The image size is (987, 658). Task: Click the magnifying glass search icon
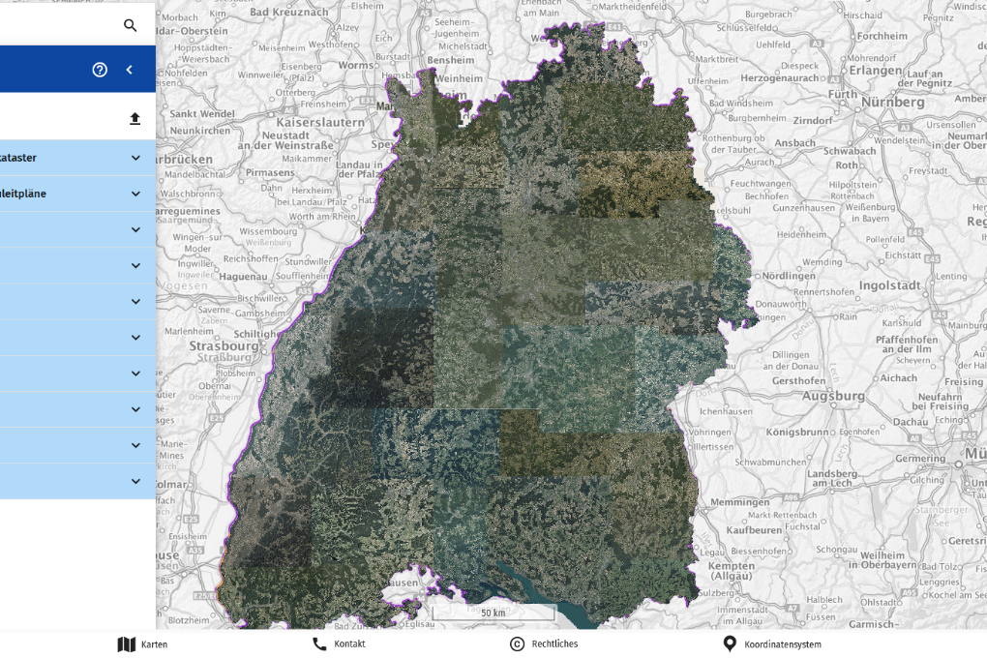pos(131,25)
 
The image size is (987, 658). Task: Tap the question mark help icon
pos(100,70)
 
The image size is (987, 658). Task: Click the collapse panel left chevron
pos(130,70)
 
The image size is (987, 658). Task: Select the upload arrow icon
pos(135,118)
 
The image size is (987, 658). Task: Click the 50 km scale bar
pos(493,613)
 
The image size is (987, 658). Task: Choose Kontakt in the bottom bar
pos(339,644)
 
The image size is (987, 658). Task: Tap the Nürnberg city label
pos(892,102)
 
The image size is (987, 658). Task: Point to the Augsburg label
pos(833,396)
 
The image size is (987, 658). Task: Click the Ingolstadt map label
pos(887,286)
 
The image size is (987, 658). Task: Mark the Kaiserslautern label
pos(319,123)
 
